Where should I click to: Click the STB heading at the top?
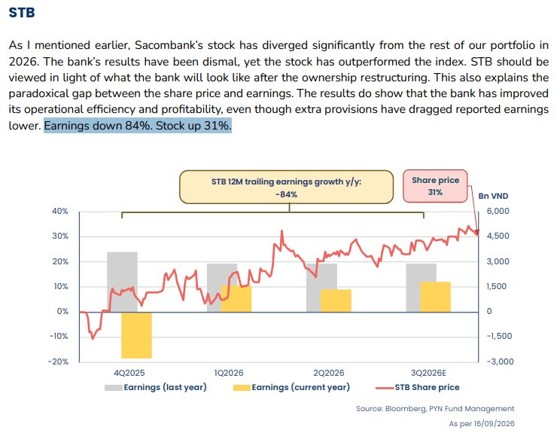click(x=22, y=13)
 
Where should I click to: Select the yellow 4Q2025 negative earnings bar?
click(x=136, y=335)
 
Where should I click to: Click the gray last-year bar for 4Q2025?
click(x=122, y=282)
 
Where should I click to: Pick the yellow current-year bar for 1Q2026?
click(x=236, y=299)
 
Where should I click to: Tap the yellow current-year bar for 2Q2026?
click(x=336, y=300)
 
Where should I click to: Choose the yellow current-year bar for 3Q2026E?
click(x=436, y=297)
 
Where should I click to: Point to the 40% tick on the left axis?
click(x=60, y=211)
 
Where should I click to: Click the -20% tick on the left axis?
click(x=59, y=361)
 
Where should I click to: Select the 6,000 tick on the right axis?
click(x=498, y=211)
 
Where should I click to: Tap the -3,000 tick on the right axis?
click(x=500, y=361)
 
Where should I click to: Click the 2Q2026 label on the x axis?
click(x=329, y=373)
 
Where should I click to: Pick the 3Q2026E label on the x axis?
click(x=428, y=373)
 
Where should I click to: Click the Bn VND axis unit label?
click(x=493, y=196)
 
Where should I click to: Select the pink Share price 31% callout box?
click(x=435, y=186)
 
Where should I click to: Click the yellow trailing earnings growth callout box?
click(x=286, y=188)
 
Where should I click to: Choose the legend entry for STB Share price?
click(x=418, y=388)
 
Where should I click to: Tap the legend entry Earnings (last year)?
click(x=156, y=388)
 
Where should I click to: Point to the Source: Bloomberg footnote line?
click(x=435, y=409)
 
